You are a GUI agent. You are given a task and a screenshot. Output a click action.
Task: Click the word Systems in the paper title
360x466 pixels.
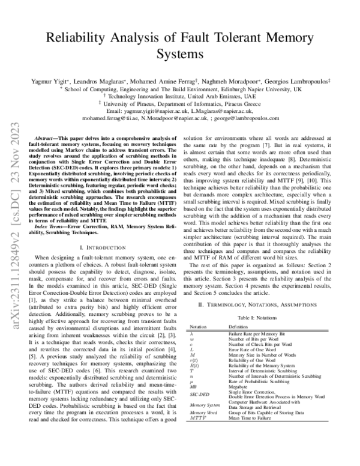pos(179,54)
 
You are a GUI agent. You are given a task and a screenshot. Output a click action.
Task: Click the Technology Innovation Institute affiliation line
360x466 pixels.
pos(180,95)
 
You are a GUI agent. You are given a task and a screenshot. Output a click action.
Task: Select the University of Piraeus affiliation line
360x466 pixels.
pos(180,103)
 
